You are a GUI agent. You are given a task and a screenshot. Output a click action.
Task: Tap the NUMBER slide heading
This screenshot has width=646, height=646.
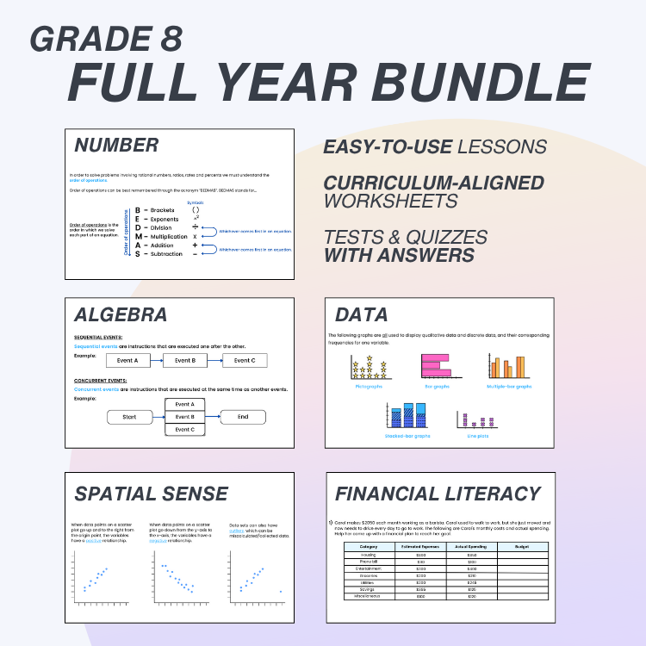[116, 145]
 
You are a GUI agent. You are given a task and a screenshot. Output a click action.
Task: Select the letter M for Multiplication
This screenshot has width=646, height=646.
[138, 236]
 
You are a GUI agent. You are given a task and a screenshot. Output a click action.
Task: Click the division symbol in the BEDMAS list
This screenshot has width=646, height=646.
[196, 227]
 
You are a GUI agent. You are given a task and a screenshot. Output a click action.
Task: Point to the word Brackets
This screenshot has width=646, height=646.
[162, 209]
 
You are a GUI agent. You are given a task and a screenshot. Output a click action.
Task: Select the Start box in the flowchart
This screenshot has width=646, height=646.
[129, 417]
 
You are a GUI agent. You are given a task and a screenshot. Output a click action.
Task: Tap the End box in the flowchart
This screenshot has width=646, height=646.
[243, 417]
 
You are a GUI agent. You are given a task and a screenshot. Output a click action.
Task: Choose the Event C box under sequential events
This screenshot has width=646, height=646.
[245, 361]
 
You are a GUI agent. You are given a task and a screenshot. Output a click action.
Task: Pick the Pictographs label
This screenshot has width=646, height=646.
[369, 387]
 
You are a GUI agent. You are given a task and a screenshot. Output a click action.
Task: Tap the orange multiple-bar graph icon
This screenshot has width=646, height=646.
[507, 367]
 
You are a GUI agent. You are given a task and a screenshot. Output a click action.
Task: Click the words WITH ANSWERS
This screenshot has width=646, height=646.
[399, 255]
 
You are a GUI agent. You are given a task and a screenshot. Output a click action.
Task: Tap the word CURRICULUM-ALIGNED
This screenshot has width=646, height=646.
[433, 183]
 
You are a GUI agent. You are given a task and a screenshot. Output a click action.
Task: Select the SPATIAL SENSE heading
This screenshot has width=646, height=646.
[152, 494]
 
